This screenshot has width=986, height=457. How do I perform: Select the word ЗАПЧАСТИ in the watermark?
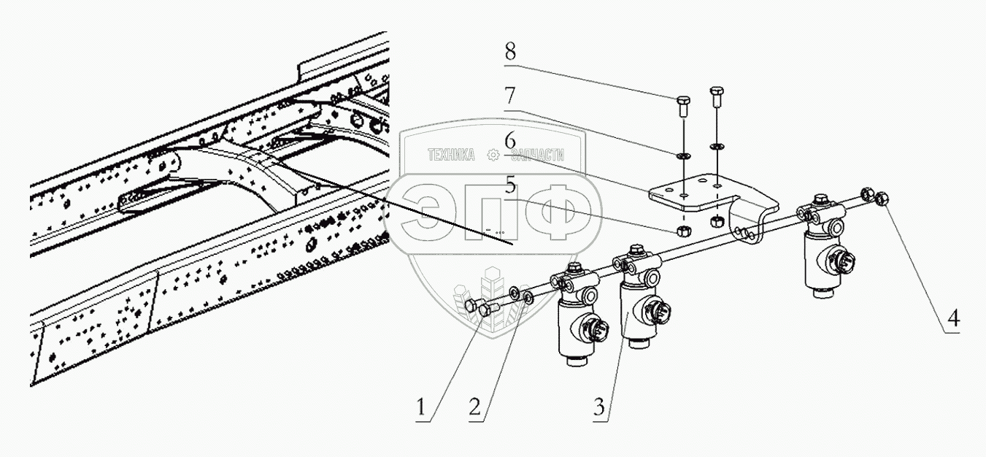pos(542,155)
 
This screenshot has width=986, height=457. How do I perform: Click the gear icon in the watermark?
pos(494,155)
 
